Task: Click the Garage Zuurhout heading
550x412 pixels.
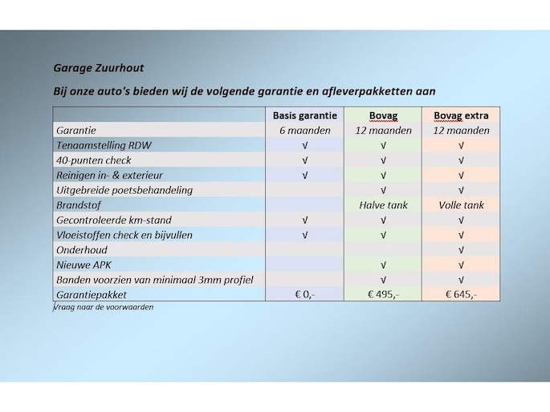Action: (99, 68)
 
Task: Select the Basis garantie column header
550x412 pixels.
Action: (304, 115)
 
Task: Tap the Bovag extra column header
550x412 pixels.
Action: (461, 115)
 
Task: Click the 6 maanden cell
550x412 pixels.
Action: (304, 131)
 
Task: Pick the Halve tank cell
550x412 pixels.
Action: (383, 205)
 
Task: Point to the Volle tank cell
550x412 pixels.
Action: (461, 205)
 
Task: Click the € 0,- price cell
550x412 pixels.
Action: (304, 294)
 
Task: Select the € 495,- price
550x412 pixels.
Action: (383, 294)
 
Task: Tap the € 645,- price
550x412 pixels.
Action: (461, 294)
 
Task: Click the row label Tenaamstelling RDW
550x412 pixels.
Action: (103, 146)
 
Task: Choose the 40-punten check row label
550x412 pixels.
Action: (93, 160)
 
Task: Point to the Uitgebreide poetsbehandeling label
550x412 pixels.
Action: (124, 190)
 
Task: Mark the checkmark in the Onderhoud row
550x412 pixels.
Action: (461, 250)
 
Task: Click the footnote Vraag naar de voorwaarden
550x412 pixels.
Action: (103, 307)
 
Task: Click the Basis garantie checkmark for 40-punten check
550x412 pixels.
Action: (304, 160)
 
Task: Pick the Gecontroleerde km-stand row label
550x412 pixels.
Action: (113, 220)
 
